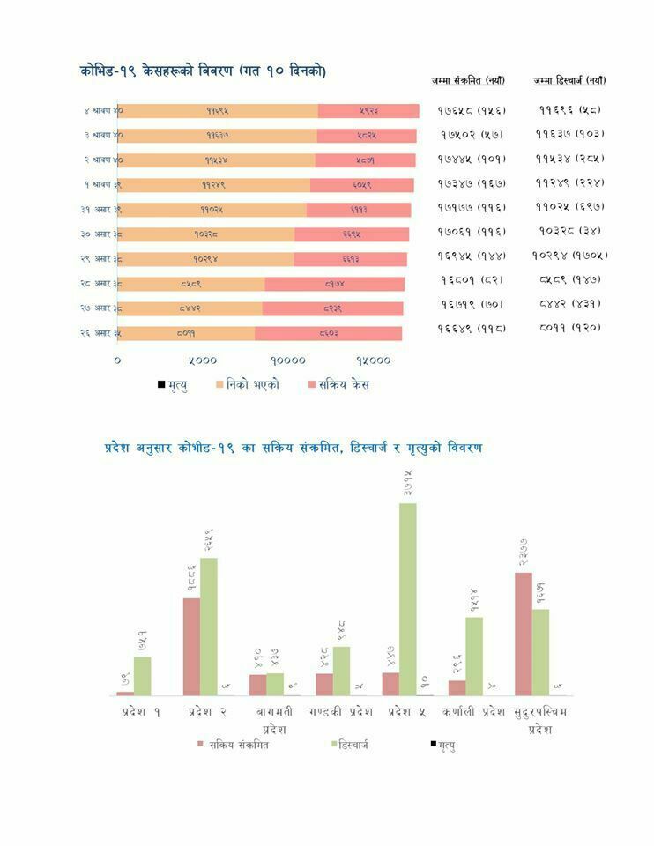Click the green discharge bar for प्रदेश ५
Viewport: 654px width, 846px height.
pyautogui.click(x=408, y=599)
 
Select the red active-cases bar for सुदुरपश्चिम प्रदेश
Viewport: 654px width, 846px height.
pyautogui.click(x=524, y=634)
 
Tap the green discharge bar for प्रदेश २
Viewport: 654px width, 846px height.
pyautogui.click(x=208, y=627)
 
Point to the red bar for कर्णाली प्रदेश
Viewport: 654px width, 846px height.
pyautogui.click(x=457, y=687)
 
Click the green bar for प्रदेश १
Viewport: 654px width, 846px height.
pyautogui.click(x=142, y=676)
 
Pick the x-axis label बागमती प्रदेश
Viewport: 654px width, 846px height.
pyautogui.click(x=274, y=719)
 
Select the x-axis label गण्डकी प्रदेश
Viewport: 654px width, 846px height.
pyautogui.click(x=340, y=711)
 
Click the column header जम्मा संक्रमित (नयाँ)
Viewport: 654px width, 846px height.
pyautogui.click(x=468, y=81)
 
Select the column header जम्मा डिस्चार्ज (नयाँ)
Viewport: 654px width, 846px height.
pyautogui.click(x=569, y=81)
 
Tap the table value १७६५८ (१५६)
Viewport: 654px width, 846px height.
pyautogui.click(x=472, y=111)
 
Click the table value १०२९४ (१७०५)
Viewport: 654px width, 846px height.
pyautogui.click(x=570, y=256)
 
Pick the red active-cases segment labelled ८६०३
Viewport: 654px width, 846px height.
pyautogui.click(x=328, y=333)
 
